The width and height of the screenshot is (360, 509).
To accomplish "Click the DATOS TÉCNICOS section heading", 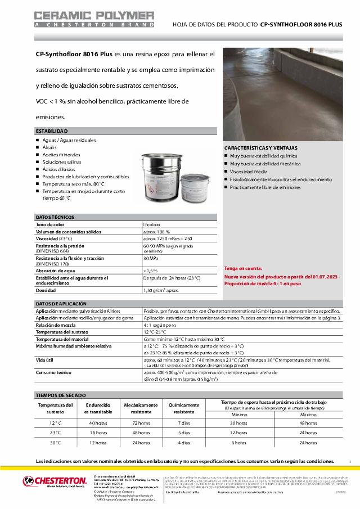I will click(x=55, y=217).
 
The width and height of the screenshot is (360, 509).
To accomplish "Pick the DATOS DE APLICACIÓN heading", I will click(x=61, y=304).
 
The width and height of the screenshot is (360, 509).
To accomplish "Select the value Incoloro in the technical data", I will click(x=152, y=224).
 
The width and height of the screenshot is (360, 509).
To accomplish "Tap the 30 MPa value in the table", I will click(x=150, y=258).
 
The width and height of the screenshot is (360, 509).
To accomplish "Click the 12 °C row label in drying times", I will click(x=55, y=422).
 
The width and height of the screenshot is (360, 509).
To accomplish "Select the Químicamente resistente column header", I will click(x=183, y=408).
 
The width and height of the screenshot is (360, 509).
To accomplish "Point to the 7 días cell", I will click(x=183, y=422).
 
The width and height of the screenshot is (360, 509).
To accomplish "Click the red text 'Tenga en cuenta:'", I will click(x=243, y=269).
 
